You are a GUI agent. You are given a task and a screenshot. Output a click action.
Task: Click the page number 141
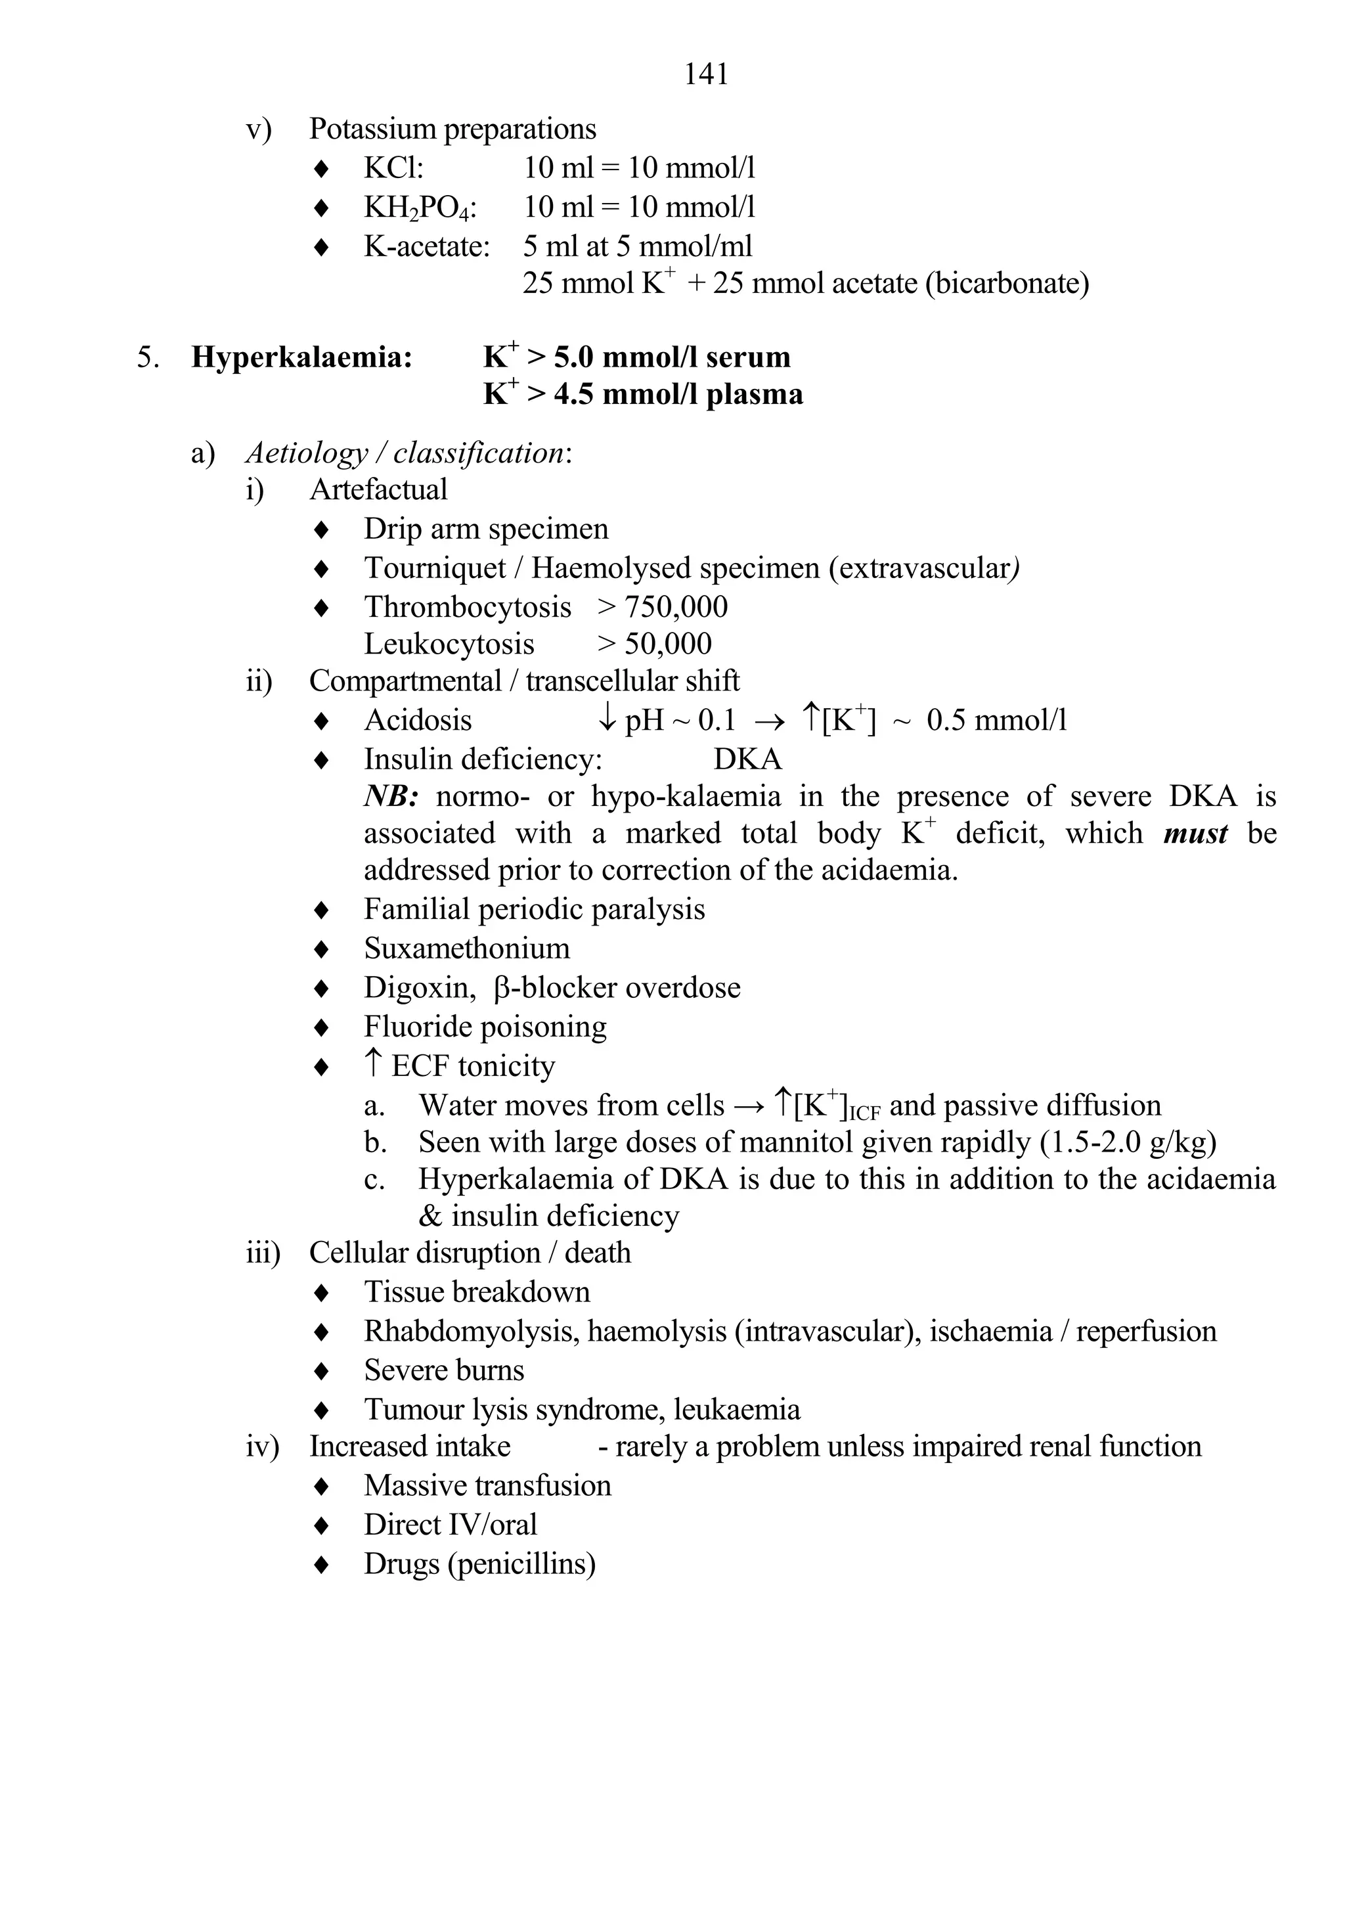click(x=706, y=75)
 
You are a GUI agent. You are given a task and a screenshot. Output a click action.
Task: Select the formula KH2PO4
click(x=420, y=208)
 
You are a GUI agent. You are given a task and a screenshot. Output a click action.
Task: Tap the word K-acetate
click(x=426, y=246)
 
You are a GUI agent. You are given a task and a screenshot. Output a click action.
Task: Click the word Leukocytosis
click(x=449, y=644)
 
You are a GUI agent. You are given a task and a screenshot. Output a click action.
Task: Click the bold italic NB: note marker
click(x=390, y=797)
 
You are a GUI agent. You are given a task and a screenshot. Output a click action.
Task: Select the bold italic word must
click(x=1195, y=833)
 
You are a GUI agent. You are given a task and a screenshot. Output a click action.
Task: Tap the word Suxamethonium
click(x=466, y=949)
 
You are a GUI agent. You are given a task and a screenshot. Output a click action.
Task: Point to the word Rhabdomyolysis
click(x=472, y=1331)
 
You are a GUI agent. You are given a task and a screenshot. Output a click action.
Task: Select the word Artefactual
click(x=378, y=489)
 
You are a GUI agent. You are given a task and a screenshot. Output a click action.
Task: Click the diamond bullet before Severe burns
click(x=322, y=1371)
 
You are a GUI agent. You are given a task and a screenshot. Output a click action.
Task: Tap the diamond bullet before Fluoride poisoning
click(x=322, y=1027)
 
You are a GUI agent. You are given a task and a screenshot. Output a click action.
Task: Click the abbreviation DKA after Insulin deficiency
click(x=747, y=759)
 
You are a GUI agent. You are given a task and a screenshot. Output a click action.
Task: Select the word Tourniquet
click(x=435, y=569)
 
